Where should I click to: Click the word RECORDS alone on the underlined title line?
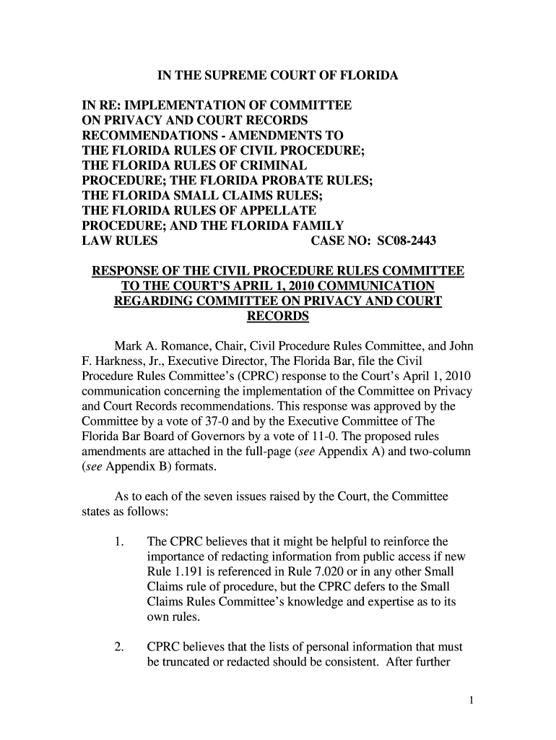[x=277, y=316]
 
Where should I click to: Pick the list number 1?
[x=121, y=541]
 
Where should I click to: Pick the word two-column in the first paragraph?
[x=437, y=452]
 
